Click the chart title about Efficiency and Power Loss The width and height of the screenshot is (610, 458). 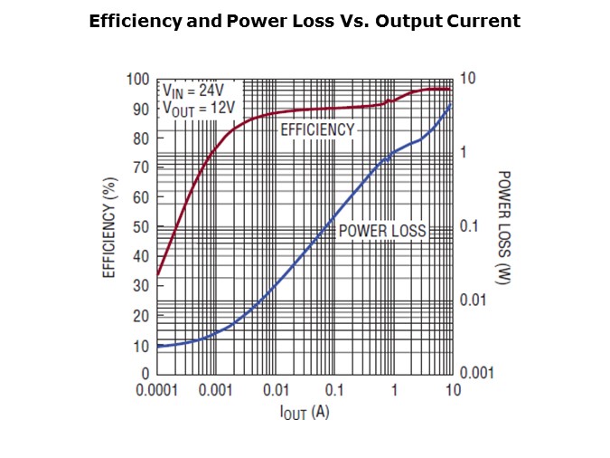coord(305,22)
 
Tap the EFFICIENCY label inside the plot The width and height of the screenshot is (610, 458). coord(317,129)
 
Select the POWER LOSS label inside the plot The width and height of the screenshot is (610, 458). coord(381,231)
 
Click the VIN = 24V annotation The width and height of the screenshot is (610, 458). coord(190,91)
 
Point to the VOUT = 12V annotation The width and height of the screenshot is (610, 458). coord(198,109)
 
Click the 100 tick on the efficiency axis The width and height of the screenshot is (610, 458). coord(138,80)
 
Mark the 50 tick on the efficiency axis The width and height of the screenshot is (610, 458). coord(142,226)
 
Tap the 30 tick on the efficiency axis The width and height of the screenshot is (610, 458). coord(142,285)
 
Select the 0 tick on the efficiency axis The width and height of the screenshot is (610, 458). coord(145,373)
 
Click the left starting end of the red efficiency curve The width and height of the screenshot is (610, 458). coord(158,274)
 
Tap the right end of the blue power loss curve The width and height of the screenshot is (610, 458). coord(452,105)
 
